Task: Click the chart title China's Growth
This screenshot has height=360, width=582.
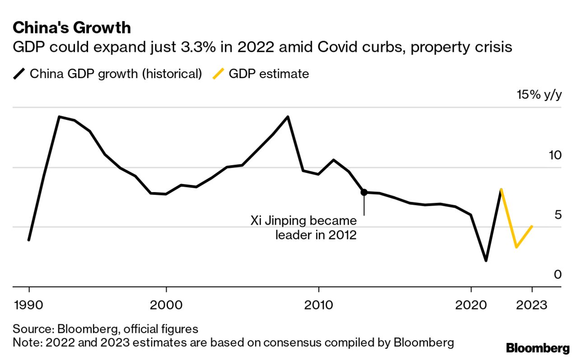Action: click(72, 28)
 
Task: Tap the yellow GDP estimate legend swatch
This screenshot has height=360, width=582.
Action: click(218, 74)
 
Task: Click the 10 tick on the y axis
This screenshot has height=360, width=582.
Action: click(555, 156)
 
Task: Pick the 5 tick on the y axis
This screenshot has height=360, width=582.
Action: click(558, 215)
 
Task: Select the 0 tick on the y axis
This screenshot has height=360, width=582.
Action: click(558, 274)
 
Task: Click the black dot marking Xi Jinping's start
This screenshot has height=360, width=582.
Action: click(364, 192)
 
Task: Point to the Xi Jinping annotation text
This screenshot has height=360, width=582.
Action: click(303, 228)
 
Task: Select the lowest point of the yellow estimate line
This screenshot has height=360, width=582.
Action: click(516, 247)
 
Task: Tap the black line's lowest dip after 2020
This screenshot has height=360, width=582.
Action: click(486, 261)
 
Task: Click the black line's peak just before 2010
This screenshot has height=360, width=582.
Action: click(288, 117)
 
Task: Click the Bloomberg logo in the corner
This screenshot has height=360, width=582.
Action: click(538, 348)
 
